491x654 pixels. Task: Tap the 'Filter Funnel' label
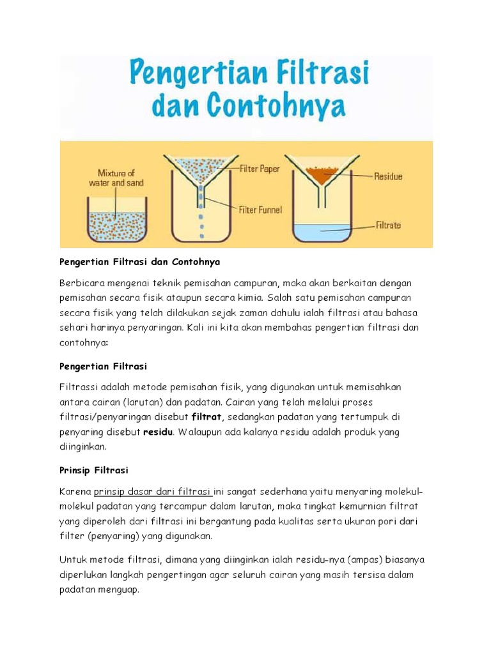(261, 209)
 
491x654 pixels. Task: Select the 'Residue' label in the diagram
(388, 176)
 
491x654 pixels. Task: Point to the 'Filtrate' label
(388, 225)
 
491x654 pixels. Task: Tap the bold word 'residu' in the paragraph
(157, 432)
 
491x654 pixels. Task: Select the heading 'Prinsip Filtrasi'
(94, 470)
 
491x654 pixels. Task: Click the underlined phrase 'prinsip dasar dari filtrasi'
(153, 491)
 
